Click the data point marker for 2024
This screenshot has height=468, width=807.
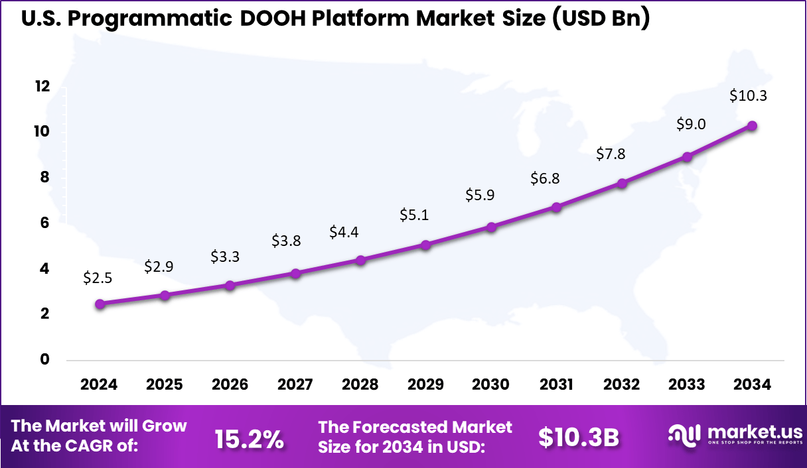tap(100, 304)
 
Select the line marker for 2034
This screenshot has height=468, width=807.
tap(752, 125)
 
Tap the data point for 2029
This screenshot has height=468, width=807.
tap(426, 245)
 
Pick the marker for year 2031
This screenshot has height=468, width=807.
tap(556, 207)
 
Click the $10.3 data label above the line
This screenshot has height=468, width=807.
tap(748, 95)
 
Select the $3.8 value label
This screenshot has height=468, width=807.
tap(286, 241)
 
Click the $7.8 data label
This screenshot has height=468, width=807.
tap(611, 154)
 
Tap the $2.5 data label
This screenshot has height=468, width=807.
tap(98, 278)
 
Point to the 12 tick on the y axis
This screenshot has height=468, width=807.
tap(42, 86)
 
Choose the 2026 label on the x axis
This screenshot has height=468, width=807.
tap(230, 385)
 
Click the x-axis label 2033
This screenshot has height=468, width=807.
tap(687, 385)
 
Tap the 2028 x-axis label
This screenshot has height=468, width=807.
tap(360, 385)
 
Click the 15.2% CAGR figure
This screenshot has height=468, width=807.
tap(250, 438)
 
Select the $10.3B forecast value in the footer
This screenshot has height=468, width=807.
tap(579, 438)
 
